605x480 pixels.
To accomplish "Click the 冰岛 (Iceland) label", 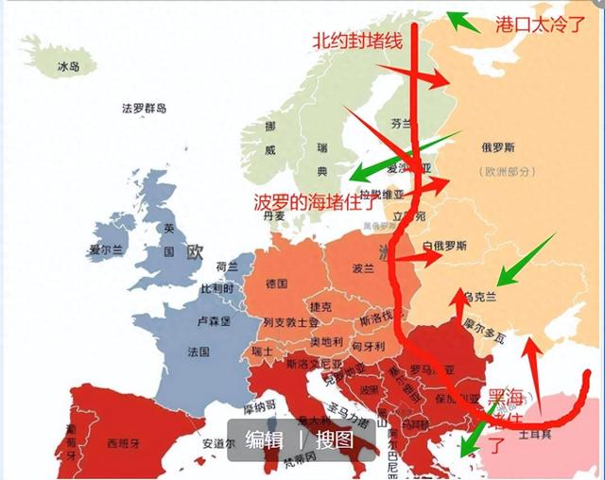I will (x=69, y=67).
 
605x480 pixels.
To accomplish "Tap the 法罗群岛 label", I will (x=145, y=109).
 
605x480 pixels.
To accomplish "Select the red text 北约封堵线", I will (x=358, y=40).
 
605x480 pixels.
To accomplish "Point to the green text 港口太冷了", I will (x=541, y=25).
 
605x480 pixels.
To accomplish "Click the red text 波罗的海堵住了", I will (x=316, y=201).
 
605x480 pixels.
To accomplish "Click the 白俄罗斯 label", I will (x=444, y=246).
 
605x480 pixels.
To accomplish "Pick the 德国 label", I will (x=276, y=283).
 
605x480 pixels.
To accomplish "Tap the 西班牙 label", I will (x=124, y=442).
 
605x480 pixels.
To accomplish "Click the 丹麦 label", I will (x=273, y=215).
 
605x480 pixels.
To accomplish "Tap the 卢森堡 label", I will (x=214, y=320).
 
